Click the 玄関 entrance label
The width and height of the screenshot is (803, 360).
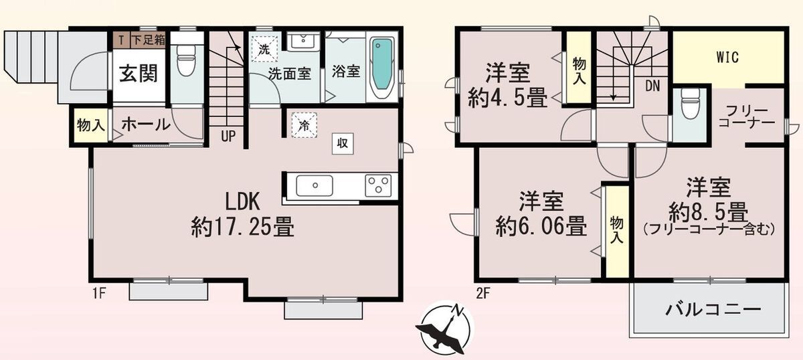tap(139, 74)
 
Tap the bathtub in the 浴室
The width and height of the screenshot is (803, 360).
tap(382, 68)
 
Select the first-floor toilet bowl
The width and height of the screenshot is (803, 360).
tap(186, 61)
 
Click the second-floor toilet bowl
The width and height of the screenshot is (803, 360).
tap(690, 104)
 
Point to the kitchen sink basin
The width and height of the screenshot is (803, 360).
tap(315, 185)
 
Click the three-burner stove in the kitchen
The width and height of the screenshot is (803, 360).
tap(378, 185)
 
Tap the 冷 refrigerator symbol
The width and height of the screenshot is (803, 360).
tap(304, 125)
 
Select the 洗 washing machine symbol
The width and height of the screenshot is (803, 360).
tap(264, 50)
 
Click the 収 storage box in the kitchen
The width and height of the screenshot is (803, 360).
tap(343, 143)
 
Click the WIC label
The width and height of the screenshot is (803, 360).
tap(727, 58)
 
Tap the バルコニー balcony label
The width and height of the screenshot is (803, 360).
tap(713, 309)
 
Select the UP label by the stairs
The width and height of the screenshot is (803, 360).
tap(228, 137)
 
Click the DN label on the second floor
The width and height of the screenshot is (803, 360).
tap(652, 86)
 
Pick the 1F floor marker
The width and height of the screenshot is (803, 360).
tap(99, 294)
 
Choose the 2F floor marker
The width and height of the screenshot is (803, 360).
tap(483, 294)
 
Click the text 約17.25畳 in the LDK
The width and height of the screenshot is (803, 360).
tap(243, 227)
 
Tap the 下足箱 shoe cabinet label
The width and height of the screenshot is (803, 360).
tap(149, 39)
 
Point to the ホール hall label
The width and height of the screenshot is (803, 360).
tap(146, 124)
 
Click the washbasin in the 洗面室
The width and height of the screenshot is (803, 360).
tap(303, 41)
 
